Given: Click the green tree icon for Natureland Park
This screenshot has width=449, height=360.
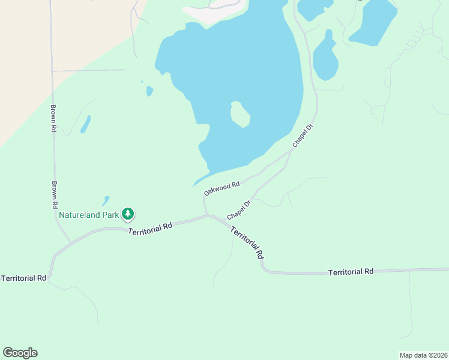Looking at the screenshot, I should (127, 213).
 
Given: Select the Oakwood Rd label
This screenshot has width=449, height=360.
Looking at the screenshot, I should (221, 188).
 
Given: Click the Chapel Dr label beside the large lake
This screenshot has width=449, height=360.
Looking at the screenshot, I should (303, 136).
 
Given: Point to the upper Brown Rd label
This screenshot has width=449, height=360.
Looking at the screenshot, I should (53, 119).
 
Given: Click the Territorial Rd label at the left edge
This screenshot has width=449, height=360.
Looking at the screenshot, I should (24, 278).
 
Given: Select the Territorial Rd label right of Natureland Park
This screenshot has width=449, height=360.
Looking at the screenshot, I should (151, 227).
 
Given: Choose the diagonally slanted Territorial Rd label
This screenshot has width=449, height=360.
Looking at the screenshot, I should (247, 242).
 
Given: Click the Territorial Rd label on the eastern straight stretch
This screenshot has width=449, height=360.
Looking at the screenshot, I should (351, 272).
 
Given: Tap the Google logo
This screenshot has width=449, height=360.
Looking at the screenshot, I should (20, 353).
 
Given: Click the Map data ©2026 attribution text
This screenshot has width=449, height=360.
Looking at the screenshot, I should (423, 355).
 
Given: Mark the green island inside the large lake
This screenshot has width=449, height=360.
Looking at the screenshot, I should (240, 113).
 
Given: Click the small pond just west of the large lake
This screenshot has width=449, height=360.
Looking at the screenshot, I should (149, 91).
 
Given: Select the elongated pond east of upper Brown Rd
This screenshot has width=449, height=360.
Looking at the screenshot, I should (85, 124).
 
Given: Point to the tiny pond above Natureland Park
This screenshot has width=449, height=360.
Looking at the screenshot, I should (106, 200).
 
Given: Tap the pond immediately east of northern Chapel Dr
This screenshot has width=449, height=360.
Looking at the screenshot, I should (325, 59).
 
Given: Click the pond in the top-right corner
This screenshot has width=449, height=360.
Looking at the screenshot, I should (373, 22).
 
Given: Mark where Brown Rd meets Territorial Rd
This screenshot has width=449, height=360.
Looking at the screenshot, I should (70, 242).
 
